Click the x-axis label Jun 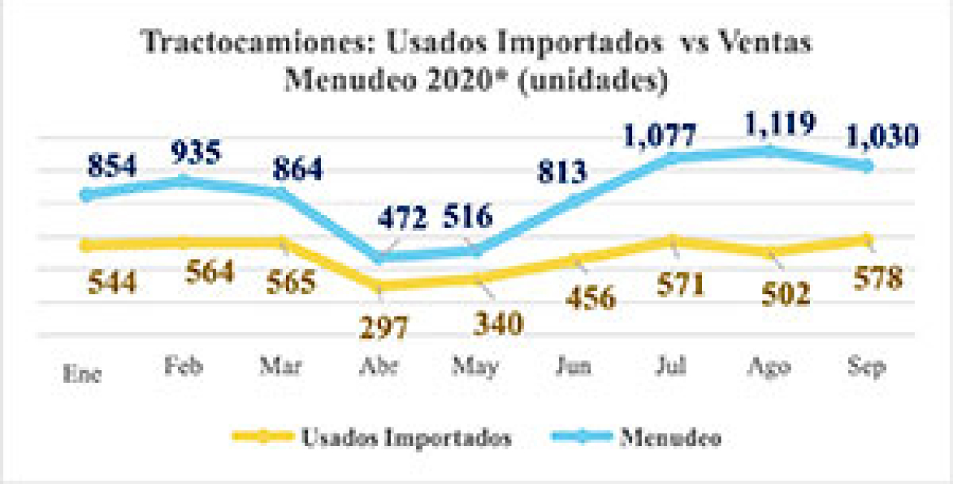coord(576,367)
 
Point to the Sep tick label coord(867,367)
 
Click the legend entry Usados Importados coord(406,438)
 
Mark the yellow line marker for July coord(672,241)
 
